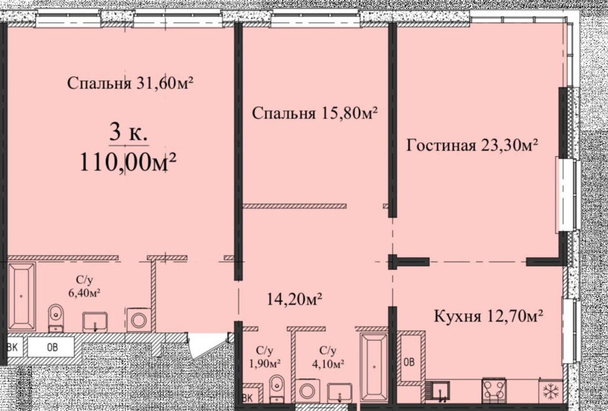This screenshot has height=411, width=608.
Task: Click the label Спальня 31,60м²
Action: (x=130, y=83)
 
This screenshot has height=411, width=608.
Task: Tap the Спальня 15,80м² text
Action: (x=315, y=114)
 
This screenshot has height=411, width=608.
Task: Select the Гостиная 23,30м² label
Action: (x=472, y=146)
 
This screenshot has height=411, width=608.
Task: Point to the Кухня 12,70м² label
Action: (x=488, y=316)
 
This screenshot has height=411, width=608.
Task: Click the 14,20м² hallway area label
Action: (x=294, y=300)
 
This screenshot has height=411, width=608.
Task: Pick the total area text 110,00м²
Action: (x=128, y=162)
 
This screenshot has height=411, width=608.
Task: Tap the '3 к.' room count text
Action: (x=128, y=134)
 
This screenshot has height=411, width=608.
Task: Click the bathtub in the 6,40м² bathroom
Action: (x=22, y=297)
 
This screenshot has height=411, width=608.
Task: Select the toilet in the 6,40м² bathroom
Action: (x=56, y=317)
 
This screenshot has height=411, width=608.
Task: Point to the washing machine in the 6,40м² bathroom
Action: (x=139, y=320)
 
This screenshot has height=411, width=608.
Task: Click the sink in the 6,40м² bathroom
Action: (x=95, y=322)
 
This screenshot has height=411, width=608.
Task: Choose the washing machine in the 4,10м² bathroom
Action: (x=308, y=391)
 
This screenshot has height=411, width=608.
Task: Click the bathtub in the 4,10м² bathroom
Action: (x=373, y=367)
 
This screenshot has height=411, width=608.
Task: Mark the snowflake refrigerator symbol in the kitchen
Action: (x=550, y=391)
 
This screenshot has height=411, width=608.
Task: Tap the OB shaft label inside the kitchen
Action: (x=409, y=362)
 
